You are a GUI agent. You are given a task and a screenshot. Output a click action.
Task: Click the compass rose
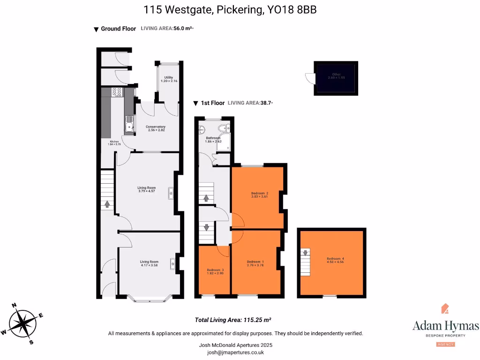point(22,324)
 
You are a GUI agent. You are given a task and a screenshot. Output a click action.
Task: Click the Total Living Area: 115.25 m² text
point(233,320)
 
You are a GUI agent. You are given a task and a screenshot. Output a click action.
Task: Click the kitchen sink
point(129,125)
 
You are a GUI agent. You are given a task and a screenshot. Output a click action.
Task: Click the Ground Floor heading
point(118,29)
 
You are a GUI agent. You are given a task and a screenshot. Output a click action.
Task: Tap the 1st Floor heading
point(213,103)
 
